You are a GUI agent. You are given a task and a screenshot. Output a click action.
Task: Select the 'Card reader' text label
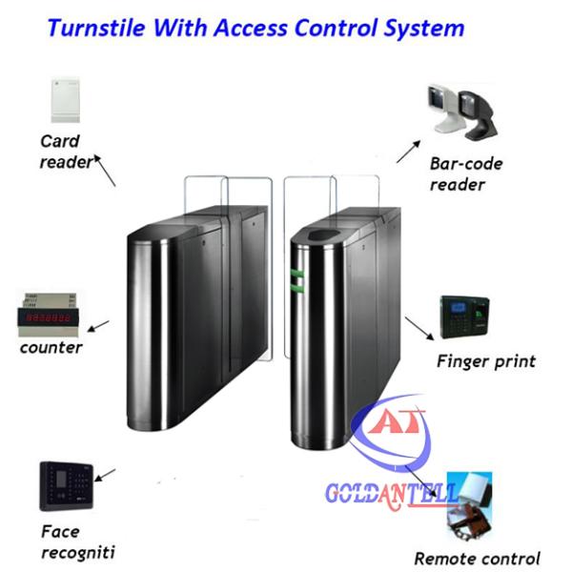click(x=64, y=152)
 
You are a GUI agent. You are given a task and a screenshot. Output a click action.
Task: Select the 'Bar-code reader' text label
click(x=465, y=174)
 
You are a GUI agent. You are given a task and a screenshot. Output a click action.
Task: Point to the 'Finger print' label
click(x=485, y=361)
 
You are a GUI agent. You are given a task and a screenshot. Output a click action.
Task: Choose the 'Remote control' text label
click(x=477, y=559)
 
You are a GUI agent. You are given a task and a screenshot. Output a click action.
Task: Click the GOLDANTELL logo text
click(x=391, y=495)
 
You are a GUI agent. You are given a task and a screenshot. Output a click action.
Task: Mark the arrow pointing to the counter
click(x=100, y=326)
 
